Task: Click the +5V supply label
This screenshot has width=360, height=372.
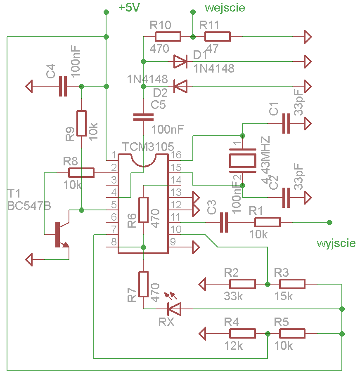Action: click(129, 8)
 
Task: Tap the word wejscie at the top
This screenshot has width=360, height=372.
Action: click(225, 7)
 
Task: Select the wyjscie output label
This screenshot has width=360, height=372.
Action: click(336, 243)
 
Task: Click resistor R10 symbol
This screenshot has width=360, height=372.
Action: click(168, 37)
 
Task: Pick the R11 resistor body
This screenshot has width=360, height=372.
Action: click(218, 37)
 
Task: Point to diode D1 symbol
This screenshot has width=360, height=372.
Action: click(180, 61)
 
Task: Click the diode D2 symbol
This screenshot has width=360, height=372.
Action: click(180, 86)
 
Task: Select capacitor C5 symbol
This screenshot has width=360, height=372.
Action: click(143, 117)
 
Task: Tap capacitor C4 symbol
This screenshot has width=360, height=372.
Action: click(62, 86)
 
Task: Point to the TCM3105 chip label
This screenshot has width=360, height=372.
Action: click(148, 147)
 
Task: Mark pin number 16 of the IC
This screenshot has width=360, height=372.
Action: click(175, 155)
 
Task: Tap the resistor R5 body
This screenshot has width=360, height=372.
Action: click(292, 333)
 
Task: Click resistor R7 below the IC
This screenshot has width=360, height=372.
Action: click(143, 284)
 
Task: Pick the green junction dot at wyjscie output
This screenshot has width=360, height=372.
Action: click(329, 222)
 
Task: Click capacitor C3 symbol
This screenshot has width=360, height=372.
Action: click(224, 222)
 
